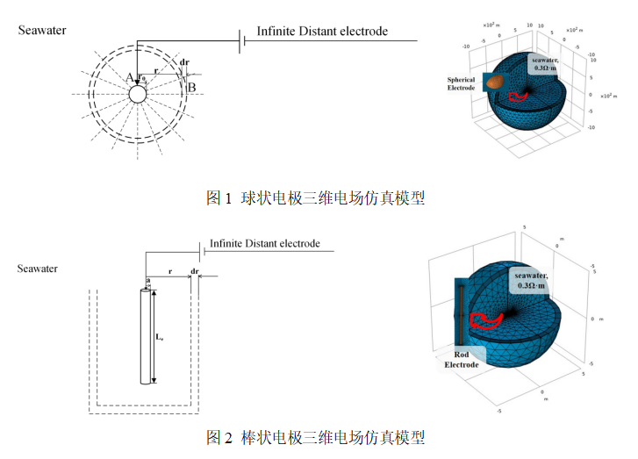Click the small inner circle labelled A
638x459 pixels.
click(x=137, y=92)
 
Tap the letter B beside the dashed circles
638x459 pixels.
click(x=191, y=86)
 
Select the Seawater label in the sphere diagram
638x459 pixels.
click(x=42, y=31)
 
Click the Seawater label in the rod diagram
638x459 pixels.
click(x=38, y=269)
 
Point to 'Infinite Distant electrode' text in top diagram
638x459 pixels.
click(x=322, y=32)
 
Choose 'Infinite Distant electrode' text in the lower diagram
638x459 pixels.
click(x=264, y=243)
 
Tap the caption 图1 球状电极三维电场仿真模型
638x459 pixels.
click(x=315, y=198)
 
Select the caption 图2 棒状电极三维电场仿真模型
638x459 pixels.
click(x=315, y=436)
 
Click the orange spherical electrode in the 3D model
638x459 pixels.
click(x=497, y=81)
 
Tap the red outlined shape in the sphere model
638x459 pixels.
click(x=524, y=91)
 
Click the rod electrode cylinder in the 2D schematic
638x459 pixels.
click(x=145, y=337)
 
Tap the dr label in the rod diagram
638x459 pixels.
click(x=194, y=271)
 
